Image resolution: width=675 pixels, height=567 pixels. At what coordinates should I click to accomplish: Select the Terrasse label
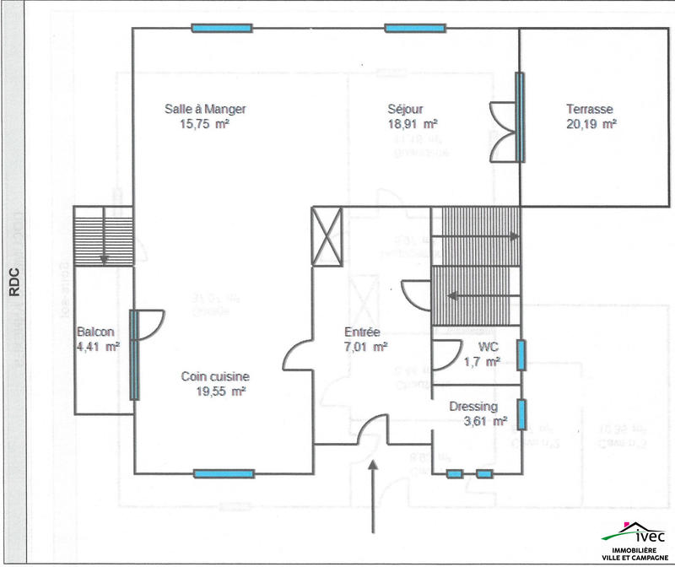pos(590,109)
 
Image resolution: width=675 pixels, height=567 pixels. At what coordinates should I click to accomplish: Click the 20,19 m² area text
pos(591,122)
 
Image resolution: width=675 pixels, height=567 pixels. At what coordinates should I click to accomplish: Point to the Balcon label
pos(95,332)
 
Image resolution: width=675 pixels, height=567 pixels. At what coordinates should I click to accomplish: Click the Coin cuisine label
pos(215,377)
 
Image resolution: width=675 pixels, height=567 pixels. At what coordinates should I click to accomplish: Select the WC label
pos(488,348)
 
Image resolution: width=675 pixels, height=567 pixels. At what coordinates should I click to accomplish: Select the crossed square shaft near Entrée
pos(327,236)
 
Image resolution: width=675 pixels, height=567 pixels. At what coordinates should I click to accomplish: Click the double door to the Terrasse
pos(502,132)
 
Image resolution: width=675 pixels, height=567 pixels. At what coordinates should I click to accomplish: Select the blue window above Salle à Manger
pos(222,29)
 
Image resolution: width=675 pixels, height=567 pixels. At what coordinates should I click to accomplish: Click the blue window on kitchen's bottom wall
pos(224,473)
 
